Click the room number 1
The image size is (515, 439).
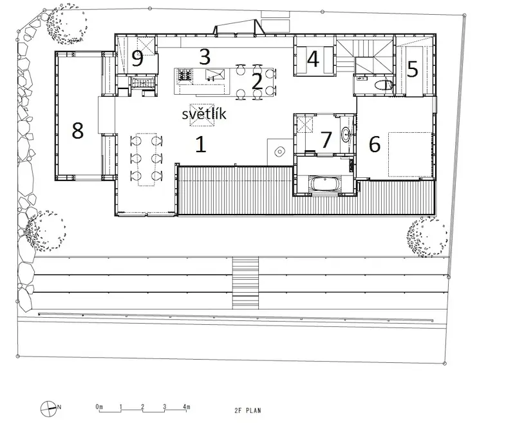(201, 144)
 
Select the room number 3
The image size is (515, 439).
(205, 57)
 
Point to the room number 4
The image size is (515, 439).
(313, 59)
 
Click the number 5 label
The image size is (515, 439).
(413, 70)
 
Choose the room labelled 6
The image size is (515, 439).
(375, 144)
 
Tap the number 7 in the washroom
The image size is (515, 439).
(326, 139)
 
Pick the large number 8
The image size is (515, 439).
(77, 130)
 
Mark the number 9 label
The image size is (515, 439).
(138, 59)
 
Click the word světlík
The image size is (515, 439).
(204, 113)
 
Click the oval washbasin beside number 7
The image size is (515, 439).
(346, 135)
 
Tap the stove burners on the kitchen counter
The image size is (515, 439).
(185, 75)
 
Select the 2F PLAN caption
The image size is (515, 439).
(248, 411)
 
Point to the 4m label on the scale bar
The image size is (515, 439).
(186, 407)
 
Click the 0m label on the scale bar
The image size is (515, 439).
(99, 407)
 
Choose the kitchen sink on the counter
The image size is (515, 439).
(215, 75)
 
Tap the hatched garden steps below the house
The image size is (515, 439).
(245, 283)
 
